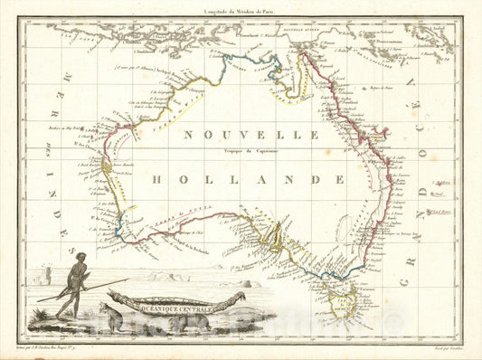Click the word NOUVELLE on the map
tap(250, 134)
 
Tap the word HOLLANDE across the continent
tap(248, 179)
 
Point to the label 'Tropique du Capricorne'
tap(252, 150)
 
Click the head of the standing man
tap(80, 259)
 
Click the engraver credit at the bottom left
tap(68, 346)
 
